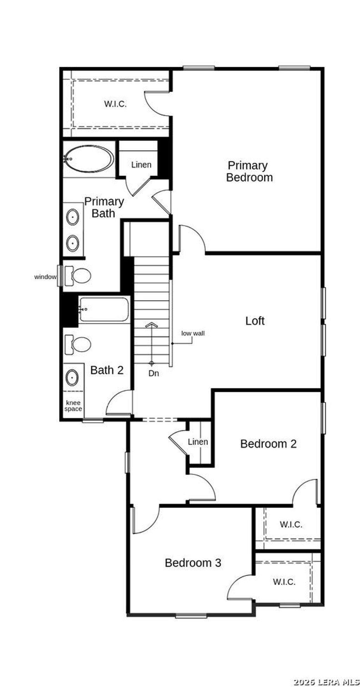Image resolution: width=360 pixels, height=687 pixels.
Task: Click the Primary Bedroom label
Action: pos(249,171)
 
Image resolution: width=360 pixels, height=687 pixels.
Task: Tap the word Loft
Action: pos(255,321)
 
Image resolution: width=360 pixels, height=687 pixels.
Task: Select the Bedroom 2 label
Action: pos(268,444)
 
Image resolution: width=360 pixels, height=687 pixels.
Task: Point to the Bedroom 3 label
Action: pos(193,563)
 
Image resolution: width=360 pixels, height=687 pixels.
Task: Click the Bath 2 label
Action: pos(107,370)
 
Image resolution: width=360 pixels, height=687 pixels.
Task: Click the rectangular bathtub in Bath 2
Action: pos(104,309)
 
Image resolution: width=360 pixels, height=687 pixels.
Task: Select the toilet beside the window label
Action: pos(79,275)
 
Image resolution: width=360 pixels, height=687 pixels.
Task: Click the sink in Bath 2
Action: pos(72,377)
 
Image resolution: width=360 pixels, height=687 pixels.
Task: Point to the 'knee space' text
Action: pos(73,406)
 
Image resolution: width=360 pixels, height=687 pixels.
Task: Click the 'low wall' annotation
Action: pos(193,333)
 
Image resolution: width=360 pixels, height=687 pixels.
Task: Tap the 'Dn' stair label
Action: pos(154,373)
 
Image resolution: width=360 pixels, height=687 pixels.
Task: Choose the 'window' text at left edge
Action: pos(45,277)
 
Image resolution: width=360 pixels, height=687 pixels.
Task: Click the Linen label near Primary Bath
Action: pos(141,165)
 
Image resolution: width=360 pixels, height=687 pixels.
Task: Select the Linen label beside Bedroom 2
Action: pos(198,442)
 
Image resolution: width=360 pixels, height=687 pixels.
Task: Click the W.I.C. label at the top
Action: pos(115,104)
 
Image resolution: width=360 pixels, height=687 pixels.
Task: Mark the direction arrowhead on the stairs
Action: pos(151,324)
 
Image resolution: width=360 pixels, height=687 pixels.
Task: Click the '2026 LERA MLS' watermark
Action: pos(326,682)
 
